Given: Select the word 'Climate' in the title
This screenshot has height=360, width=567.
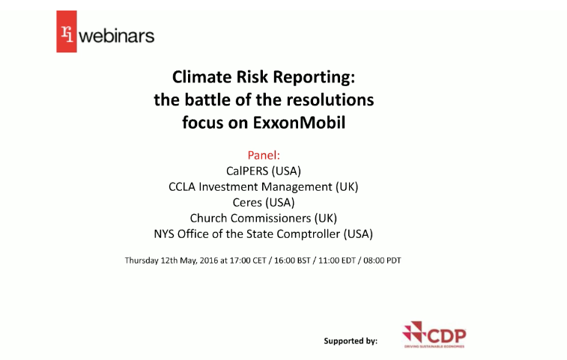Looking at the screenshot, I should [198, 76].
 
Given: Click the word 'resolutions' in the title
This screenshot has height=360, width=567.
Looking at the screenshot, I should [333, 100].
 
